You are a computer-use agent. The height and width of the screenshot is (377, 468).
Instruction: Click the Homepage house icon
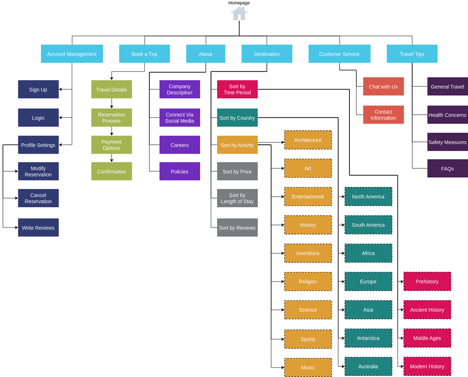pyautogui.click(x=239, y=14)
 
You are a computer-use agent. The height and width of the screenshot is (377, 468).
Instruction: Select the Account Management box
pyautogui.click(x=72, y=54)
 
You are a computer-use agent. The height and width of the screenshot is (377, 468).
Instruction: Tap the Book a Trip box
pyautogui.click(x=144, y=54)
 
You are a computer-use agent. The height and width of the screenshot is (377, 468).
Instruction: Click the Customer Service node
pyautogui.click(x=339, y=54)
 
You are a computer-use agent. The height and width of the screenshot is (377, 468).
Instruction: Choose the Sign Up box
pyautogui.click(x=38, y=89)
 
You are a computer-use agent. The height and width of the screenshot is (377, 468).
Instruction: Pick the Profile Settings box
pyautogui.click(x=38, y=145)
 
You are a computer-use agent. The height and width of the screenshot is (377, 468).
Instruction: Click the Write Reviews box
pyautogui.click(x=38, y=228)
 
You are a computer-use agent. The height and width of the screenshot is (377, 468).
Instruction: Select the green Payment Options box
pyautogui.click(x=112, y=145)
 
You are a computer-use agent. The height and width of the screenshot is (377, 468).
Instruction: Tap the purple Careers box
pyautogui.click(x=179, y=145)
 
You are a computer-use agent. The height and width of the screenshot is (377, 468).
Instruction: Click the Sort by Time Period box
pyautogui.click(x=237, y=89)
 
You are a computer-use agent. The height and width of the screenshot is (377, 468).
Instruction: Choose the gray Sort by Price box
pyautogui.click(x=237, y=171)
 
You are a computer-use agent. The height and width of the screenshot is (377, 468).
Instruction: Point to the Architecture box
pyautogui.click(x=308, y=140)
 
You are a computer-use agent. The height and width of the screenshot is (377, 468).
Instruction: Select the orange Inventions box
pyautogui.click(x=308, y=253)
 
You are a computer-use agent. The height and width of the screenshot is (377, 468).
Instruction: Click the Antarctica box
pyautogui.click(x=368, y=338)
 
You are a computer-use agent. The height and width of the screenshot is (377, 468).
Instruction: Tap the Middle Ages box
pyautogui.click(x=427, y=338)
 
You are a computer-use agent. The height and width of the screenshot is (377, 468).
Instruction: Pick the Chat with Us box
pyautogui.click(x=383, y=86)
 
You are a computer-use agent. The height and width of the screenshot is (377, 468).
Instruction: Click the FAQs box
pyautogui.click(x=447, y=169)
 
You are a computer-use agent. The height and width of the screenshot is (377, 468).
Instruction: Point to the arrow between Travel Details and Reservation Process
pyautogui.click(x=112, y=103)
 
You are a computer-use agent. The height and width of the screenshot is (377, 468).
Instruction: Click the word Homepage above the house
pyautogui.click(x=239, y=3)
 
